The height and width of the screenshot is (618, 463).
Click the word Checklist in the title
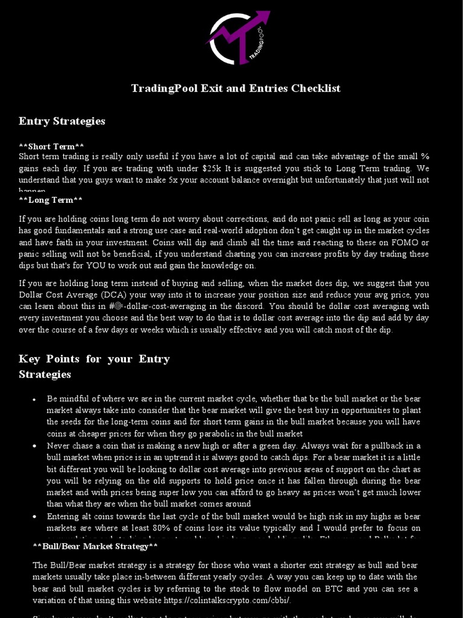coord(316,89)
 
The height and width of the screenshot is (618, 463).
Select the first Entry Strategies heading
coord(61,121)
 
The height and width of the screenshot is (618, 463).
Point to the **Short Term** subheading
coord(51,147)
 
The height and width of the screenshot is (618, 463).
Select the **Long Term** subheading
coord(51,200)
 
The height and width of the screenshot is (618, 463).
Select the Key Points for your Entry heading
coord(94,359)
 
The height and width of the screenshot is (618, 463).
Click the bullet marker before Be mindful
coord(34,400)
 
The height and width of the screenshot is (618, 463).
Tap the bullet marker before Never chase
coord(34,447)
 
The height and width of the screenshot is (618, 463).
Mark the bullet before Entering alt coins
coord(34,517)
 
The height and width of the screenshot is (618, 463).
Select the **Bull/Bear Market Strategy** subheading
coord(95,546)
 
